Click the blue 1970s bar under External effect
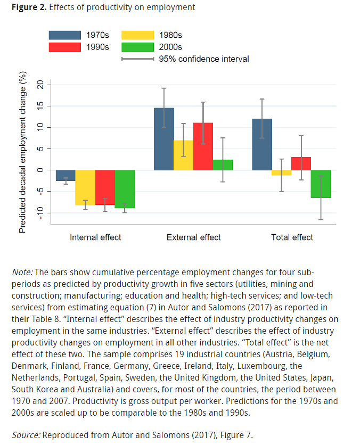164,139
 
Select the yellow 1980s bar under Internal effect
85,187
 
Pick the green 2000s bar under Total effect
321,184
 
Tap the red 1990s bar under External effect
203,146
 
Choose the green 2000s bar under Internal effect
125,189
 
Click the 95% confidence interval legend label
204,59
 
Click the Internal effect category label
95,237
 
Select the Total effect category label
292,237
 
